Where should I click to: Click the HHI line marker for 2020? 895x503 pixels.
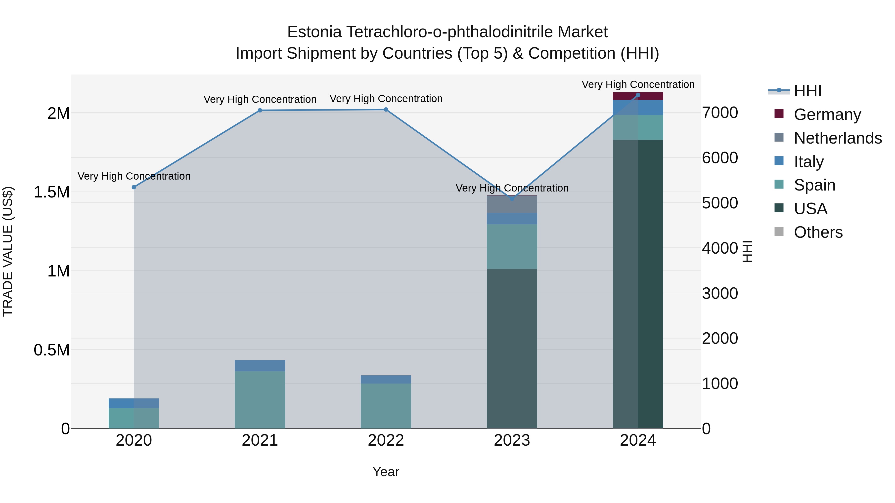(x=134, y=187)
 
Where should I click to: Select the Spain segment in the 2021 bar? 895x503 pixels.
(x=260, y=399)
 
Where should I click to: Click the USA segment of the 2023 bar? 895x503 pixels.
(x=512, y=347)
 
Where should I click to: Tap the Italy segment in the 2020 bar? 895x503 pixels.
(x=134, y=403)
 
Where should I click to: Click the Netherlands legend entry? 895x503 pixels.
(x=837, y=138)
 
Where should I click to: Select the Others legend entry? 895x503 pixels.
(x=818, y=232)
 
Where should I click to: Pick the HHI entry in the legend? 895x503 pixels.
(x=807, y=91)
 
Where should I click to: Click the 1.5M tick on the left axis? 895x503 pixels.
(x=51, y=192)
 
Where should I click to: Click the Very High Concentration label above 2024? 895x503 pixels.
(x=638, y=84)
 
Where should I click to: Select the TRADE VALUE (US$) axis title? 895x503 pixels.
(x=8, y=251)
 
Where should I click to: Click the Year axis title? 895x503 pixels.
(x=386, y=472)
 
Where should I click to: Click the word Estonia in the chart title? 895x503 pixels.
(x=314, y=32)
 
